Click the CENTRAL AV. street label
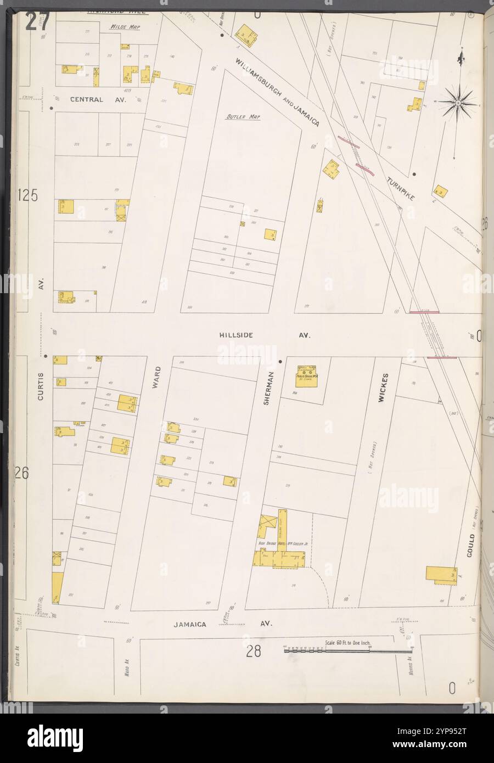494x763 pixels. (x=94, y=100)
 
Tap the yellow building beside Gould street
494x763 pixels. (x=441, y=575)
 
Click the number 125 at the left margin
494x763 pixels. (x=27, y=195)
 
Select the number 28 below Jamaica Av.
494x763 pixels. (x=252, y=652)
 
